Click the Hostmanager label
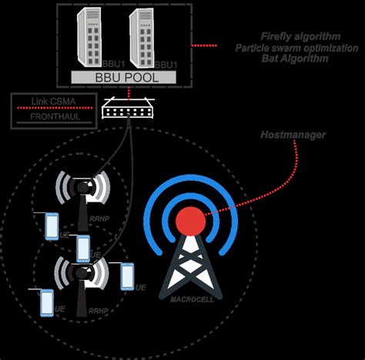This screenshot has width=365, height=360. tap(293, 135)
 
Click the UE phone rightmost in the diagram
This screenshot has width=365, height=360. tap(127, 275)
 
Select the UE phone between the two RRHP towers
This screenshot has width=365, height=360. tap(83, 248)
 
